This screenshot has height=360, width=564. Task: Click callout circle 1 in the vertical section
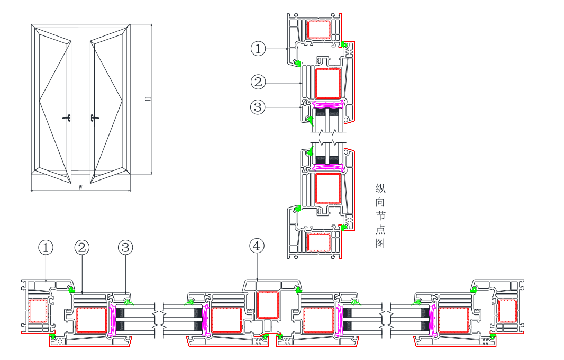(258, 49)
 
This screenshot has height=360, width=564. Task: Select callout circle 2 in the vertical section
(258, 82)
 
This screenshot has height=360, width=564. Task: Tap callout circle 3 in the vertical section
(258, 107)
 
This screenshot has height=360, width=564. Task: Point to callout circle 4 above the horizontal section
(257, 246)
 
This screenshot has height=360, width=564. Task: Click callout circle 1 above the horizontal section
(46, 247)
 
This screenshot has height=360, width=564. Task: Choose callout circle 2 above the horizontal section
(82, 247)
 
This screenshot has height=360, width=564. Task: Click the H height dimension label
(148, 99)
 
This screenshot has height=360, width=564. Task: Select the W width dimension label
(80, 187)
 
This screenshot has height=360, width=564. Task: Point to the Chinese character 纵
(380, 188)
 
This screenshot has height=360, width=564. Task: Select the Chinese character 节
(380, 215)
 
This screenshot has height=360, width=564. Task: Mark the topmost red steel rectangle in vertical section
(319, 30)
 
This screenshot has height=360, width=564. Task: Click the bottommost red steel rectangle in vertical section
(319, 242)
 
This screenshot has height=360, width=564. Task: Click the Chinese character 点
(380, 229)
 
